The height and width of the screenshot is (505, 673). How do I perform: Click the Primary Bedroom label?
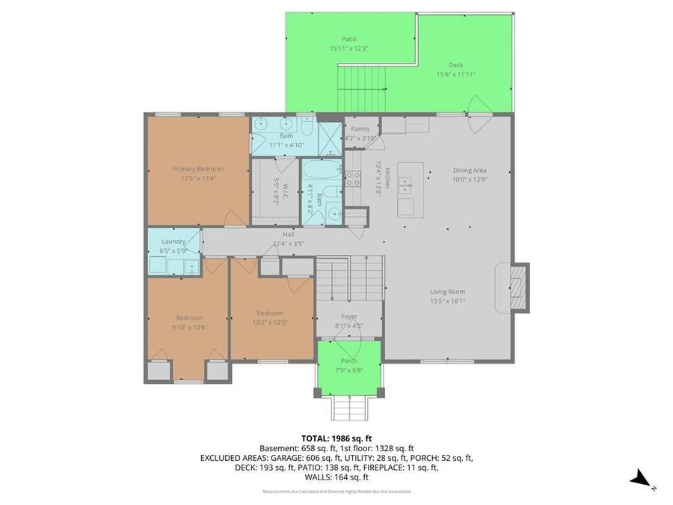point(198,169)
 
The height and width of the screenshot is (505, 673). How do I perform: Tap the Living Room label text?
point(447,292)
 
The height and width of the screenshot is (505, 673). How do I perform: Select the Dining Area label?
point(470,170)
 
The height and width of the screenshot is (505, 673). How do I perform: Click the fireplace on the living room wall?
point(517,287)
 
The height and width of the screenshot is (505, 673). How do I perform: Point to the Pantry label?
point(360,129)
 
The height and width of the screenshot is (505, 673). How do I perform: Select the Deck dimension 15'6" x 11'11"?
point(456,74)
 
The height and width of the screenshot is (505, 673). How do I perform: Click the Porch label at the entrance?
point(349,361)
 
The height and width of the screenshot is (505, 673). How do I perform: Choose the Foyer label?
point(349,316)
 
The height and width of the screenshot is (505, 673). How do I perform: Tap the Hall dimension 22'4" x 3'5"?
point(288,243)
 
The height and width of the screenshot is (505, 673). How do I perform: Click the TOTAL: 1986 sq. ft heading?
point(336,438)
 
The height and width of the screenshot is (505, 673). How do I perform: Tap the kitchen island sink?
point(406,182)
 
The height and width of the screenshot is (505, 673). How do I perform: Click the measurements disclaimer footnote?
point(336,492)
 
